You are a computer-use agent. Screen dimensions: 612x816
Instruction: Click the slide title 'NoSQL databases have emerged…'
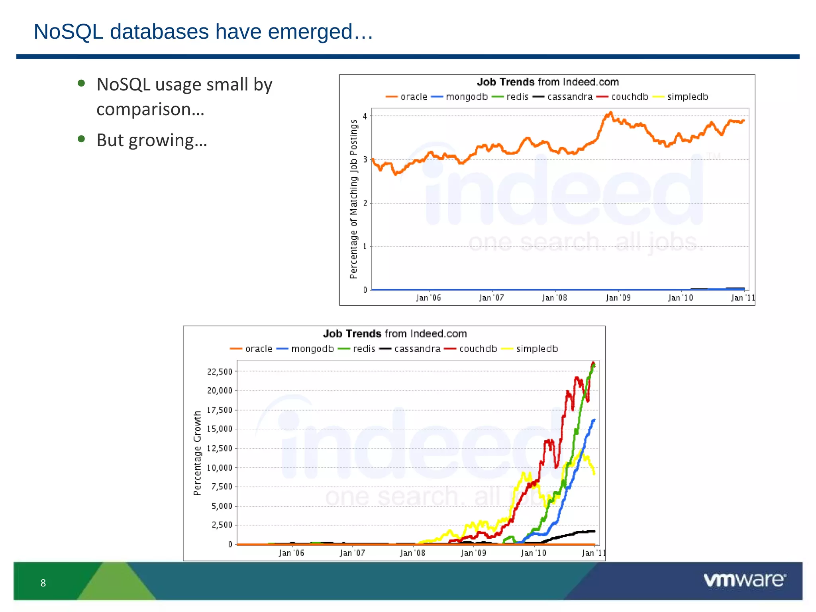pyautogui.click(x=203, y=32)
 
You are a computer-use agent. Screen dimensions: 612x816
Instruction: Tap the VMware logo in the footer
pyautogui.click(x=744, y=580)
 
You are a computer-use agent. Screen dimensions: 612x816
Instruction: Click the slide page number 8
pyautogui.click(x=43, y=583)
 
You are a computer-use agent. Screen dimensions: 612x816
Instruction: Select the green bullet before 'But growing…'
pyautogui.click(x=82, y=139)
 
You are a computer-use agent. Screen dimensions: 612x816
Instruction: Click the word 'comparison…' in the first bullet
pyautogui.click(x=151, y=110)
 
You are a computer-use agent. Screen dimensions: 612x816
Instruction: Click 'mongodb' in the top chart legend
pyautogui.click(x=467, y=97)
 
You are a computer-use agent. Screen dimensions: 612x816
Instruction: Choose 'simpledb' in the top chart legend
pyautogui.click(x=688, y=97)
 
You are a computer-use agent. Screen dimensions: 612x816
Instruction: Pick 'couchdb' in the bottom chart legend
pyautogui.click(x=478, y=349)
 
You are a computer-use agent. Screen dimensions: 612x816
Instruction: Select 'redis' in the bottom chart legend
pyautogui.click(x=364, y=349)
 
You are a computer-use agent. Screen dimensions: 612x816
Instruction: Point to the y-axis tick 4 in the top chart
pyautogui.click(x=365, y=116)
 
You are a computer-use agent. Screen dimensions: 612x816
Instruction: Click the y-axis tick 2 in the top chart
pyautogui.click(x=365, y=203)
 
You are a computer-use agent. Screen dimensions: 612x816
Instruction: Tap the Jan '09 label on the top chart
pyautogui.click(x=618, y=298)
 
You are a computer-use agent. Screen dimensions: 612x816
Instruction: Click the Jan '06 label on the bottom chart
pyautogui.click(x=291, y=553)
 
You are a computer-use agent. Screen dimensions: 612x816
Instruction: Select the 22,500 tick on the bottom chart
pyautogui.click(x=220, y=372)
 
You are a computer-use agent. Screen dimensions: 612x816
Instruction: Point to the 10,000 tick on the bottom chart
pyautogui.click(x=220, y=468)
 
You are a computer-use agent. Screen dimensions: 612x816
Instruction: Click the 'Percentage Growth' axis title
pyautogui.click(x=197, y=453)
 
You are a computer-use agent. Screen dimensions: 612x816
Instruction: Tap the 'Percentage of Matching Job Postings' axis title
pyautogui.click(x=353, y=199)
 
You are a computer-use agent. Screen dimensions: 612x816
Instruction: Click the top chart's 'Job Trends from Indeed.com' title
pyautogui.click(x=548, y=82)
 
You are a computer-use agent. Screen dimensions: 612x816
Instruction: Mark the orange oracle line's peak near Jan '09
pyautogui.click(x=610, y=113)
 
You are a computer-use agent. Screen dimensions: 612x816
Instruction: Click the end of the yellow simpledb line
pyautogui.click(x=594, y=473)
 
